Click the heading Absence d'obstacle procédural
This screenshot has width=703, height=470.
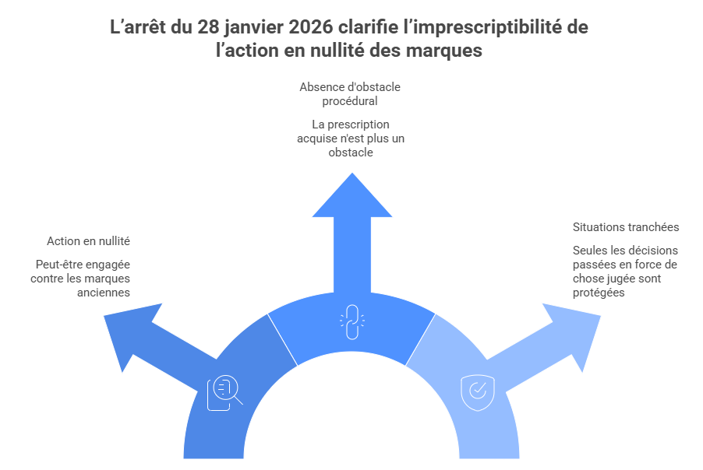(350, 93)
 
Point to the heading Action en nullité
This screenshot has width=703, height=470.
(88, 241)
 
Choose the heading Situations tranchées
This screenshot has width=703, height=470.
(626, 227)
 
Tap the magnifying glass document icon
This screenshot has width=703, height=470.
(224, 392)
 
